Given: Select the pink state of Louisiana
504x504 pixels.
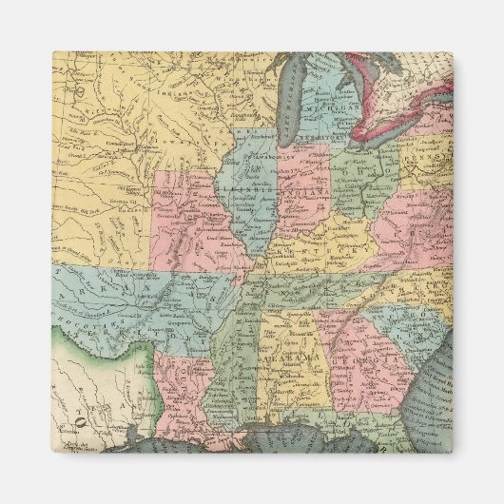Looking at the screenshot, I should [181, 385].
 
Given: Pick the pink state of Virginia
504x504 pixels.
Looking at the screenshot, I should [409, 228].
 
